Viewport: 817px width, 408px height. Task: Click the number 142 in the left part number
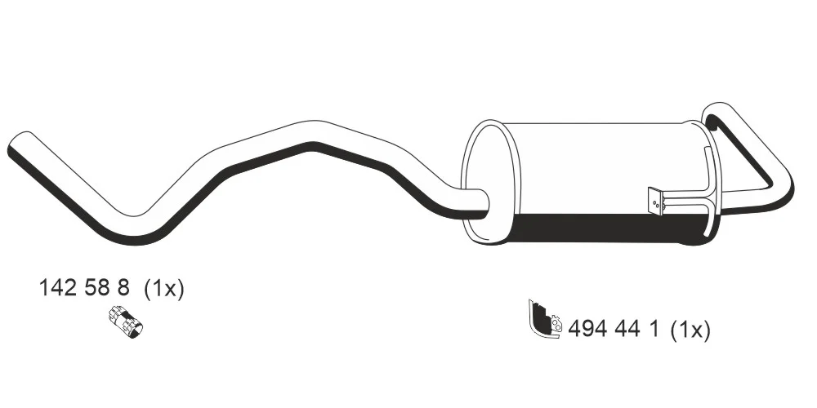(58, 287)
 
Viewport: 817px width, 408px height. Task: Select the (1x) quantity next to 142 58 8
(163, 288)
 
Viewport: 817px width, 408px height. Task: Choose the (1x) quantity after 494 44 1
(690, 330)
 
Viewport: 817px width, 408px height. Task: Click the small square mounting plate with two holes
(655, 201)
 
